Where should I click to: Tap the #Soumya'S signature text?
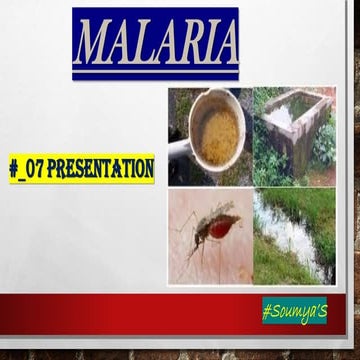295,310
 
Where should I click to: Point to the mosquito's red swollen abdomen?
222,224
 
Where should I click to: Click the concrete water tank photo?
294,135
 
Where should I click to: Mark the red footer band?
130,312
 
